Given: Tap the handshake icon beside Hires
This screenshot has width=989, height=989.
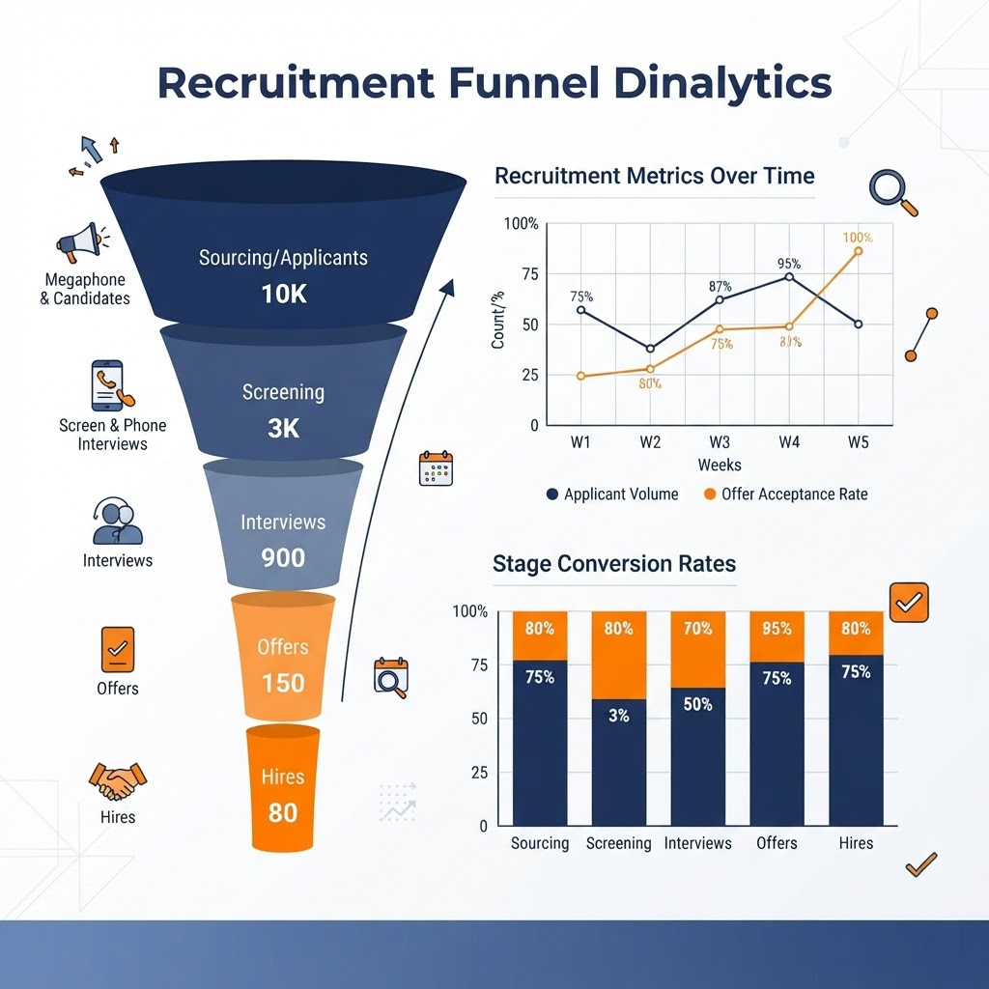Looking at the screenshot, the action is [117, 780].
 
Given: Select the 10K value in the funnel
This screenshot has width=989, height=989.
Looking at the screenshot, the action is [284, 294].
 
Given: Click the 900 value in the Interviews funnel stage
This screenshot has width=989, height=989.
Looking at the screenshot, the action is [283, 557].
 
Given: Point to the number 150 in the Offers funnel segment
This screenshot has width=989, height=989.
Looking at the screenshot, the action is [283, 683].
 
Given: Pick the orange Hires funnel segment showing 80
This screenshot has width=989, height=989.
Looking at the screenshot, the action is [283, 787].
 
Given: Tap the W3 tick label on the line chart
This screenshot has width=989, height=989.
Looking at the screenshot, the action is [719, 442].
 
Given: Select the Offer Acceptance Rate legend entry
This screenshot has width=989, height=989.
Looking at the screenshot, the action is [786, 494].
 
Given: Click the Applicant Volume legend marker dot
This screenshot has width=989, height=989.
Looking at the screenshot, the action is [552, 494].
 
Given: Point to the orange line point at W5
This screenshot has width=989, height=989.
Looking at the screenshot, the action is [859, 251].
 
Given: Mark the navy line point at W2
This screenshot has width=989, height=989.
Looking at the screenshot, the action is [650, 348].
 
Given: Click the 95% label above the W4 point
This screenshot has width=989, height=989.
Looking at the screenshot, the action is [789, 264].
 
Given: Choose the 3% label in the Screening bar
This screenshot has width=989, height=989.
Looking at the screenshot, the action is [619, 716].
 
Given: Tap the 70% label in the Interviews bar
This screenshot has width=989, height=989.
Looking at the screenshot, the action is [697, 628].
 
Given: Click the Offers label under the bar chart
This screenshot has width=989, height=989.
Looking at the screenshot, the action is [777, 843].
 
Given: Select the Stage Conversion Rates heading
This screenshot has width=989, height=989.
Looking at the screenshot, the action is [614, 563].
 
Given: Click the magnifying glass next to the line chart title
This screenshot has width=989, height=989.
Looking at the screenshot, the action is [892, 192].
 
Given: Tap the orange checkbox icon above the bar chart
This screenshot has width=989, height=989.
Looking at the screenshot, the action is [909, 603].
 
